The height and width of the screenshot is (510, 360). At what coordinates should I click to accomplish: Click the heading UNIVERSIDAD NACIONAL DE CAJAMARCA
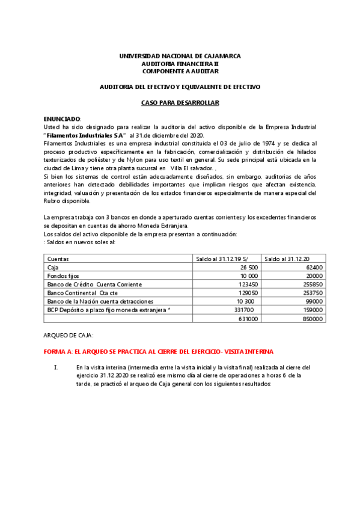point(180,56)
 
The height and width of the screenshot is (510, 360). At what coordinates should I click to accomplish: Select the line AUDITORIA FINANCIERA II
point(180,63)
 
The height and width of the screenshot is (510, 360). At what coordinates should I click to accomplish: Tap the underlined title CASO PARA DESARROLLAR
point(180,103)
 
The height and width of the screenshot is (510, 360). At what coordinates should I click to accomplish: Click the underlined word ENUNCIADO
point(62,119)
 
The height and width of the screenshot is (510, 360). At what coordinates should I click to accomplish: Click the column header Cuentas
point(58,258)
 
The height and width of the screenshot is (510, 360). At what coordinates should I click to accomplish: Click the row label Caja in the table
point(53,267)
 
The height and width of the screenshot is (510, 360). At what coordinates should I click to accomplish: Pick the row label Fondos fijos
point(63,275)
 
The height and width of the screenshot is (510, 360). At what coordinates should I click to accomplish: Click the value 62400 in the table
point(314,267)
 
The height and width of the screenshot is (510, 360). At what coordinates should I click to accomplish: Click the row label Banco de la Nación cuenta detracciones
point(100,301)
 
